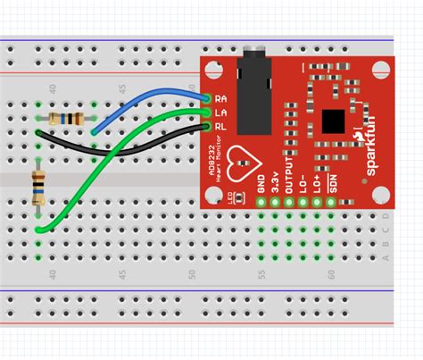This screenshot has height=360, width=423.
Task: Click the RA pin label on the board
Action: click(x=220, y=97)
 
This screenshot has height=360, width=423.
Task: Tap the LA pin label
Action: click(x=220, y=112)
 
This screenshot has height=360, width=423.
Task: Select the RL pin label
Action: click(x=220, y=126)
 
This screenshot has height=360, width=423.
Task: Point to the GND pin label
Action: click(x=261, y=185)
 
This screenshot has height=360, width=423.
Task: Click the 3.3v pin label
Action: click(x=276, y=183)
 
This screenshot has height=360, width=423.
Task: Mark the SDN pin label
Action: click(x=332, y=184)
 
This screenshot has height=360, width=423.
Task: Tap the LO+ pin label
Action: click(x=318, y=184)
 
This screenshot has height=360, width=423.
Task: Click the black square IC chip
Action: click(x=333, y=121)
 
